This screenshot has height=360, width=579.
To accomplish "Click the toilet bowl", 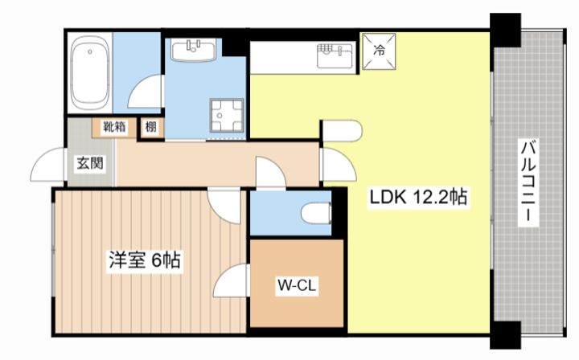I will tap(315, 213).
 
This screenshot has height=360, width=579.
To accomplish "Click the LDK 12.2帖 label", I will tap(419, 194).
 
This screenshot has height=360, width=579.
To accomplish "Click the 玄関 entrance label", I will tap(90, 164).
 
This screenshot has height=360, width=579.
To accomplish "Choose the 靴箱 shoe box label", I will tap(113, 126).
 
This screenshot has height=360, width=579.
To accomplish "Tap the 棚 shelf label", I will tap(150, 126).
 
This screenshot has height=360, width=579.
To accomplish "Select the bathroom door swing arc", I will tap(146, 92).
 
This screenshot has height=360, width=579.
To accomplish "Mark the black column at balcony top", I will tap(506, 31).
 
